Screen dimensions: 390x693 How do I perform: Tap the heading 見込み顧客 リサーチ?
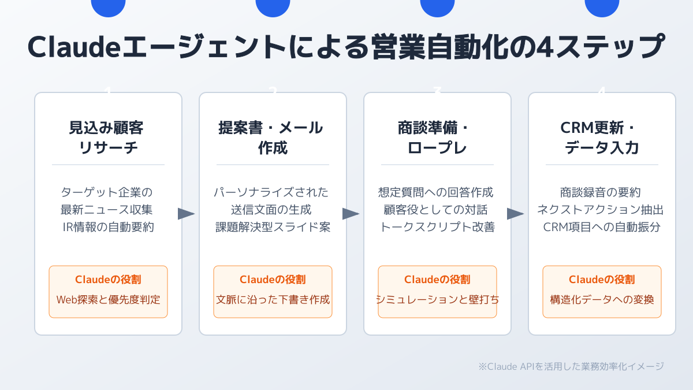pyautogui.click(x=108, y=138)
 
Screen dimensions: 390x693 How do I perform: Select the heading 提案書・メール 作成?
pyautogui.click(x=273, y=138)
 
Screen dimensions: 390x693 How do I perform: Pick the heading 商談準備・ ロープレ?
pyautogui.click(x=437, y=138)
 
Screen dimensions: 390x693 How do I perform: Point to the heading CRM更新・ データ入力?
pyautogui.click(x=602, y=138)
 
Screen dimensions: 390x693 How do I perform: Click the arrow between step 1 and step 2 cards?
pyautogui.click(x=186, y=214)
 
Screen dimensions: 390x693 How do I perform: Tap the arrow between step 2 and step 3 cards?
pyautogui.click(x=351, y=214)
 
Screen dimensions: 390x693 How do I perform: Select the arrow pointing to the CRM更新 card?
pyautogui.click(x=515, y=214)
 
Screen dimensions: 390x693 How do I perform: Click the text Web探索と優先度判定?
pyautogui.click(x=108, y=300)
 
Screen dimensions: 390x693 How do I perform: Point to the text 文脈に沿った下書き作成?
pyautogui.click(x=273, y=300)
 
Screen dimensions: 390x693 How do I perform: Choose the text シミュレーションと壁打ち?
pyautogui.click(x=437, y=300)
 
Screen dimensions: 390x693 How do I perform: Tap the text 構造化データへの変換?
pyautogui.click(x=602, y=300)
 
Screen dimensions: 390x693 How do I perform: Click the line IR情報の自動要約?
pyautogui.click(x=108, y=227)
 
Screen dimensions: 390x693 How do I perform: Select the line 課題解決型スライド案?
pyautogui.click(x=273, y=227)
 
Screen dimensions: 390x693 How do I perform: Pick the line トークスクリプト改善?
pyautogui.click(x=437, y=227)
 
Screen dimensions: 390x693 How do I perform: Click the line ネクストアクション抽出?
pyautogui.click(x=602, y=209)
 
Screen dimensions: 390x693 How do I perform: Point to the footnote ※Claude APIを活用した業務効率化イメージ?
pyautogui.click(x=571, y=366)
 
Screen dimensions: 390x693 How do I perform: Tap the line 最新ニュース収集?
pyautogui.click(x=108, y=209)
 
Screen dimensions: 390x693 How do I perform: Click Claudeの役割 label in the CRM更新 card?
pyautogui.click(x=602, y=280)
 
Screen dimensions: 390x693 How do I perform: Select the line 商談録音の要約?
pyautogui.click(x=602, y=192)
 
